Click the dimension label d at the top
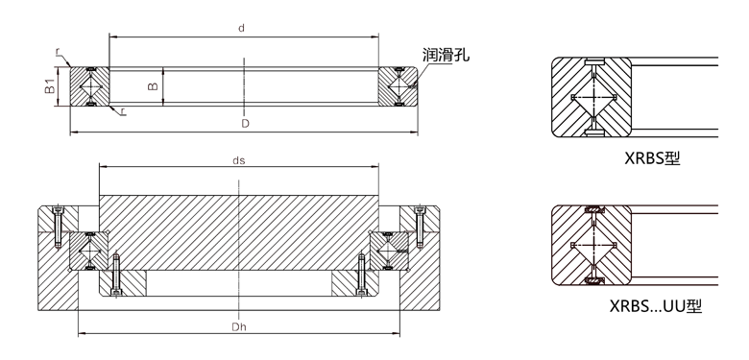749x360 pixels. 242,28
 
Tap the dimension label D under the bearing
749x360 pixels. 245,124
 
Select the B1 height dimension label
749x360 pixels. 49,86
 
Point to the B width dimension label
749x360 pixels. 153,86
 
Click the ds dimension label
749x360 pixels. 239,160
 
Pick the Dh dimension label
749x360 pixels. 238,327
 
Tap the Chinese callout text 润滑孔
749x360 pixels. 446,55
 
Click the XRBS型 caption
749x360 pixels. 652,157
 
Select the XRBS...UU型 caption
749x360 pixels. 656,305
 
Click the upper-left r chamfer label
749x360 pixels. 58,52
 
